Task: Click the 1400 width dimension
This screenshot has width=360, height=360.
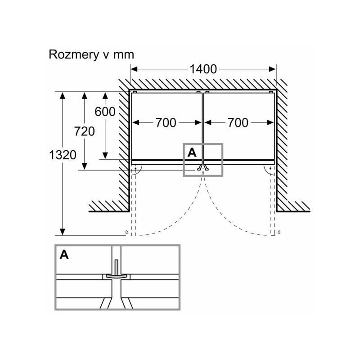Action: tap(203, 69)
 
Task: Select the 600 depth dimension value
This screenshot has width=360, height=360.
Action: tap(105, 112)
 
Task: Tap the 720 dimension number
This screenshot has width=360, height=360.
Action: tap(84, 131)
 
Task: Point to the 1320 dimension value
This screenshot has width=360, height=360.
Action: tap(63, 155)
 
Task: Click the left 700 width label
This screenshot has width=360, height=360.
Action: tap(166, 122)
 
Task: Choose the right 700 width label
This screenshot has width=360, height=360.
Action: tap(238, 122)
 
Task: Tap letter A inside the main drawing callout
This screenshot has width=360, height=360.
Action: tap(192, 153)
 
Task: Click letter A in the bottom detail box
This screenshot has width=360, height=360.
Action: tap(64, 255)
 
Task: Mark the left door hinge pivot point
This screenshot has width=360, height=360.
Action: tap(135, 168)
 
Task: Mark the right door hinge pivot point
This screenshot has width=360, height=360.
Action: tap(270, 168)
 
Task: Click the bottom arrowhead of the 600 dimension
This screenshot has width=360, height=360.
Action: tap(105, 156)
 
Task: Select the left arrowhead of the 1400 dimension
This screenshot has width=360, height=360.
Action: tap(134, 69)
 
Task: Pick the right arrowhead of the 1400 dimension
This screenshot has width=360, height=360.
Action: tap(272, 69)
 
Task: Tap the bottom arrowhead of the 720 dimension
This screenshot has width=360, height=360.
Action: tap(84, 166)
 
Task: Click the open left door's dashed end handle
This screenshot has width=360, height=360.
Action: tap(126, 232)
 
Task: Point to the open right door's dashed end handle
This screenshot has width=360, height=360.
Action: tap(279, 232)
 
